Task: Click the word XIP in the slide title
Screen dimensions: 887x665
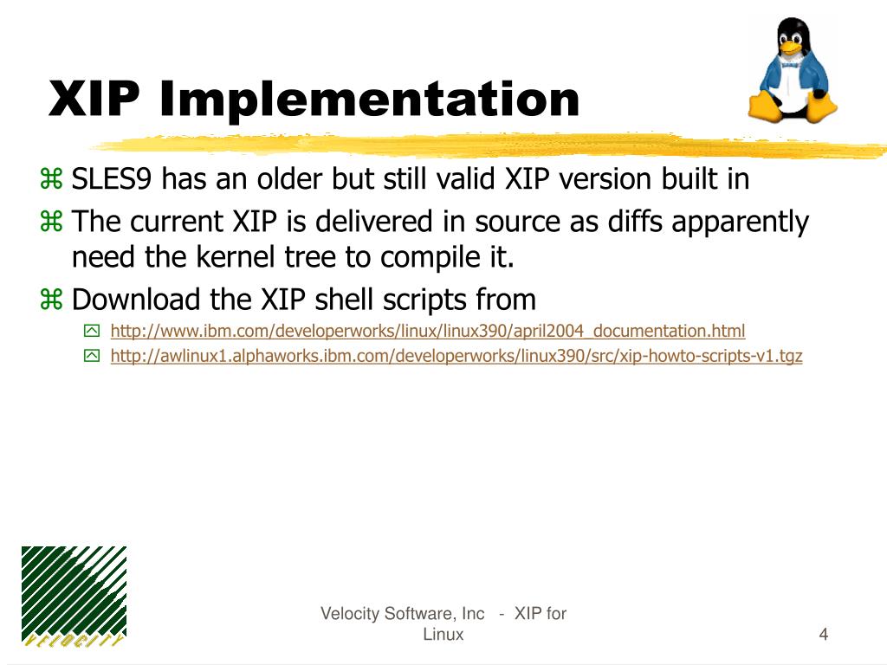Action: [94, 99]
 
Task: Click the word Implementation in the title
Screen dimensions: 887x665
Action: [370, 100]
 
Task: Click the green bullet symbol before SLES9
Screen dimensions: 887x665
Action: [51, 178]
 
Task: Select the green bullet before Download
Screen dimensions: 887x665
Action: [51, 299]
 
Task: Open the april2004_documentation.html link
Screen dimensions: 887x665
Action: [428, 331]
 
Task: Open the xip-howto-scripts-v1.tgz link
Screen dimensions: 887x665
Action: [456, 356]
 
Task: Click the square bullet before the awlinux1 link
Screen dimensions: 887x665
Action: [92, 356]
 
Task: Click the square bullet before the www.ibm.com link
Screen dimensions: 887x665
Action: [92, 331]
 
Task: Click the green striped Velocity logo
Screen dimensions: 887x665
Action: [74, 597]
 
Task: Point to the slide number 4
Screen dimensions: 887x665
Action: [824, 634]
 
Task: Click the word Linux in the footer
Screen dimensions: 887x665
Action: [443, 635]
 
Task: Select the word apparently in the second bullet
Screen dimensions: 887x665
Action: [740, 223]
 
